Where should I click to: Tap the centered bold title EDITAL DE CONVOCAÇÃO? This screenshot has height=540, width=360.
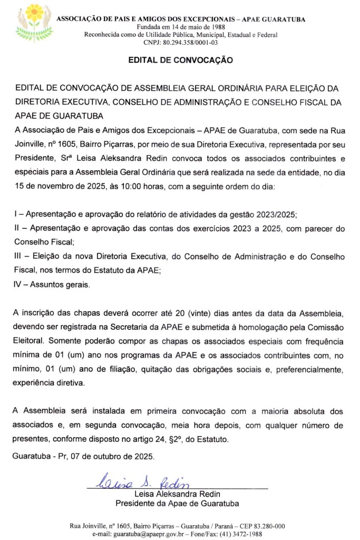[x=180, y=61]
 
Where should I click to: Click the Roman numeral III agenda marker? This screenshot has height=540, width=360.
[x=17, y=257]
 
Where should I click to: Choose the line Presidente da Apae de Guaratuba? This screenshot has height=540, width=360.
[x=177, y=504]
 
